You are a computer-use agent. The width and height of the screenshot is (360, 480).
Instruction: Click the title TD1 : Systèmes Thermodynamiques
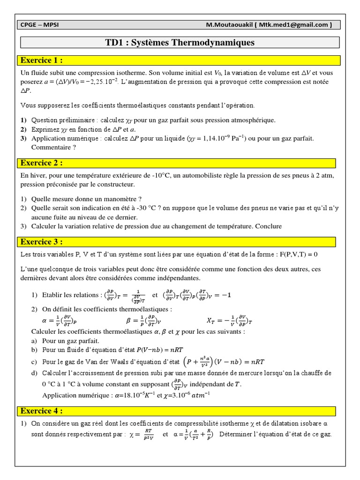click(x=180, y=43)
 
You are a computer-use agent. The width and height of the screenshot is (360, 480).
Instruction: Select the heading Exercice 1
click(x=42, y=60)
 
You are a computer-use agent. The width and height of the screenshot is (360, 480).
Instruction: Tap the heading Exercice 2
click(x=42, y=163)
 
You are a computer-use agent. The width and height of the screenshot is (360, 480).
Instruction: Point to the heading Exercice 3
click(x=42, y=242)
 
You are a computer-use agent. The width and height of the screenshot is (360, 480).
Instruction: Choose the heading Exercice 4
click(x=42, y=411)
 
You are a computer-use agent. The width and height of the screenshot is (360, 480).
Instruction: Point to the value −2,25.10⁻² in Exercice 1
click(x=100, y=82)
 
